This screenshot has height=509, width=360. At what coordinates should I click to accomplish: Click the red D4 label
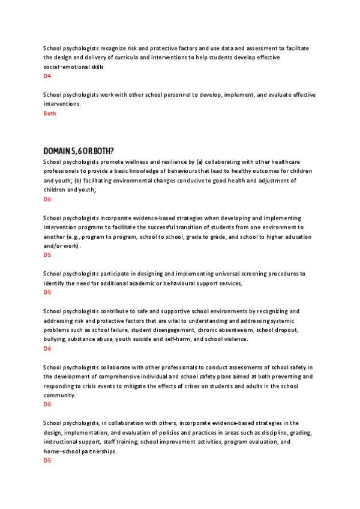pos(47,76)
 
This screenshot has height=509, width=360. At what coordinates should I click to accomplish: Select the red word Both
pos(50,113)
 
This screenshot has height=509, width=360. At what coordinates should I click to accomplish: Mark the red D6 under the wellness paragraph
pos(47,199)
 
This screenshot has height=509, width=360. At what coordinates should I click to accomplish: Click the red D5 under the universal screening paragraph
pos(47,292)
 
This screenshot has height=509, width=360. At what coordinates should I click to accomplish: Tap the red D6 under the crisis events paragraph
pos(47,405)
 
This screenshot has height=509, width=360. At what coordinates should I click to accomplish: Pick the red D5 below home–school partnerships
pos(47,460)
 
